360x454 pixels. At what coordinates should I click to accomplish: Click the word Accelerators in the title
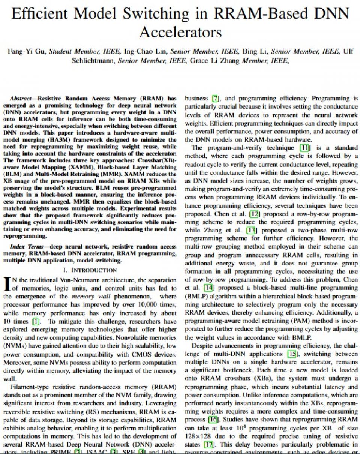(x=180, y=32)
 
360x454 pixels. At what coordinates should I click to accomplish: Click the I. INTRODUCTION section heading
(x=90, y=270)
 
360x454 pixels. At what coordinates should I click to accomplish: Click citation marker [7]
(x=215, y=99)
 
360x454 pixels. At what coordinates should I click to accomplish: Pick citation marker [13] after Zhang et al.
(x=251, y=230)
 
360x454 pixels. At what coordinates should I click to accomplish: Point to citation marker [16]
(x=213, y=419)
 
